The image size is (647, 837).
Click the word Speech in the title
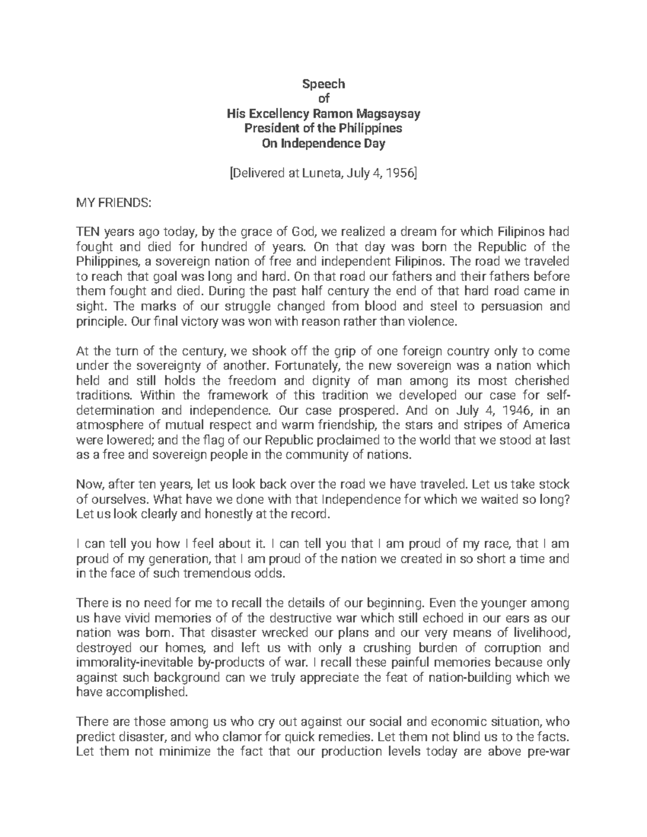tap(323, 84)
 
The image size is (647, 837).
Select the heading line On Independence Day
tap(323, 144)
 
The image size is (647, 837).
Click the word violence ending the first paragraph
tap(435, 322)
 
